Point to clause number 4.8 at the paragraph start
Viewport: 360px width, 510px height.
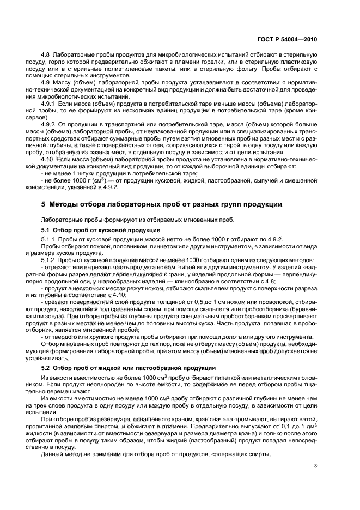pyautogui.click(x=46, y=56)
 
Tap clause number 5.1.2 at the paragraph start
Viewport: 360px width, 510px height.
pyautogui.click(x=48, y=260)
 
